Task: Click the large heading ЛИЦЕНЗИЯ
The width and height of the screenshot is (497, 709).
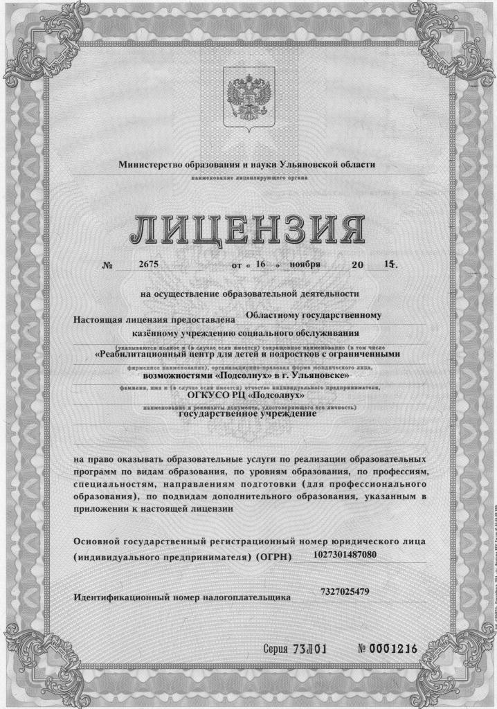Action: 248,231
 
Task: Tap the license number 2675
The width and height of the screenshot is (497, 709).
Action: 149,264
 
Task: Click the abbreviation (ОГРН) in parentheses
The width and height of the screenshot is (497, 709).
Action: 273,557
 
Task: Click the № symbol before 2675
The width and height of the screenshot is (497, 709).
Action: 107,265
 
